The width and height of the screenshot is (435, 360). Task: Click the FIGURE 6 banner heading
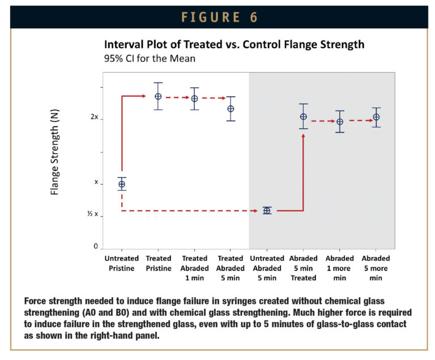(217, 17)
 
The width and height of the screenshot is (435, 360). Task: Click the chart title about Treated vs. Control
(234, 45)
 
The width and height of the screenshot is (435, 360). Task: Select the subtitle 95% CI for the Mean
(151, 58)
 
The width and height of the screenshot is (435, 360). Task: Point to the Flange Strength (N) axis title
(55, 152)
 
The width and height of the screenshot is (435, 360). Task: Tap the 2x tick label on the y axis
(95, 118)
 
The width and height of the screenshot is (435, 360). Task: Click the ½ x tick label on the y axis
(92, 215)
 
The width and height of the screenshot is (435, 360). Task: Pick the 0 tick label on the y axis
(95, 247)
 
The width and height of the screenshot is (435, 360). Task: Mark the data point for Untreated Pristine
(122, 184)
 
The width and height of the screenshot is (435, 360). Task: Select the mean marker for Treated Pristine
(158, 96)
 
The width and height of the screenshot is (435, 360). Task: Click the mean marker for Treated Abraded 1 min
(194, 99)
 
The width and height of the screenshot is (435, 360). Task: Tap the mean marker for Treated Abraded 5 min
(231, 109)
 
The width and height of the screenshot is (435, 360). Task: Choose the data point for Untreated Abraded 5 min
(267, 210)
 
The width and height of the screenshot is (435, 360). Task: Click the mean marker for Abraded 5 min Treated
(304, 117)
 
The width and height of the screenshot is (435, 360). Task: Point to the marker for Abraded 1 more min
(340, 122)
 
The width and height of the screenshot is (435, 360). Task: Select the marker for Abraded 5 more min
(376, 117)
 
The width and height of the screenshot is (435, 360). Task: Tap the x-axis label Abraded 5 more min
(376, 268)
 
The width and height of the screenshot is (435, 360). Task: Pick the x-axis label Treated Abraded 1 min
(194, 268)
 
